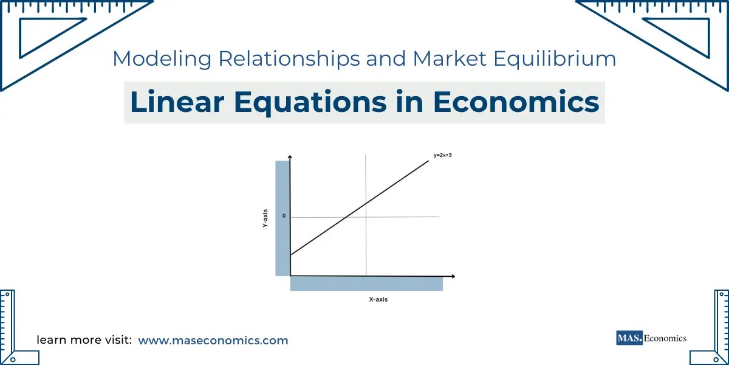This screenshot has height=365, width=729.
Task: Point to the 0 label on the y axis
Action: (284, 216)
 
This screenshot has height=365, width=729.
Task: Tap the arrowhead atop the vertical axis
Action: (290, 158)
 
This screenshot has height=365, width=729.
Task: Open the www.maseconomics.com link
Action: (213, 341)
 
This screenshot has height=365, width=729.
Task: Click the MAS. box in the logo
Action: (629, 338)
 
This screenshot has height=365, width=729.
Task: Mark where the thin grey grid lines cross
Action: (366, 217)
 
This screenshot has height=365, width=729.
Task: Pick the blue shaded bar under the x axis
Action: (366, 283)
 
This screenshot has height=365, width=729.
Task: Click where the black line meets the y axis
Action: (291, 255)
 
